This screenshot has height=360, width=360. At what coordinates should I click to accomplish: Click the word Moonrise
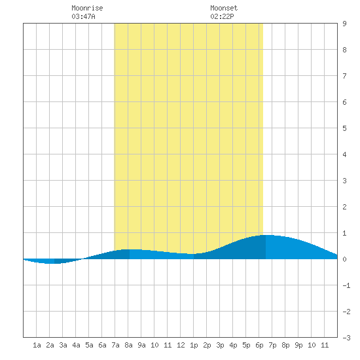click(x=87, y=8)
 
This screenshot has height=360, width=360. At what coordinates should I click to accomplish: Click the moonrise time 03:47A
click(x=83, y=16)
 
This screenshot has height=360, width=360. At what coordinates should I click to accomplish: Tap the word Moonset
click(x=224, y=8)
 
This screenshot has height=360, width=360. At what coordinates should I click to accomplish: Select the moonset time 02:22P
click(x=222, y=16)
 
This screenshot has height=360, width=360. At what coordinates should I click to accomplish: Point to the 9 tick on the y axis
click(x=344, y=24)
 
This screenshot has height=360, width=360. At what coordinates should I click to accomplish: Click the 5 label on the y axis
click(x=344, y=128)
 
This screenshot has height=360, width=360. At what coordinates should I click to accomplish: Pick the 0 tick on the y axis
click(x=344, y=259)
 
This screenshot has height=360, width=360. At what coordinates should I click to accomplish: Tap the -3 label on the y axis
click(x=346, y=338)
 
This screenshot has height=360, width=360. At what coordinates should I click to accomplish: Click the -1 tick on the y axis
click(x=346, y=285)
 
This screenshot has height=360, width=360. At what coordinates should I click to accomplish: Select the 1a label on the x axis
click(x=37, y=345)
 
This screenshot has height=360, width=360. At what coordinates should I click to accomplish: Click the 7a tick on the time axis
click(x=115, y=345)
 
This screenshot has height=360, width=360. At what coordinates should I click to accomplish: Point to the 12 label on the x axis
click(x=181, y=345)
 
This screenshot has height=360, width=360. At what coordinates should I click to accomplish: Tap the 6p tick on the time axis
click(x=259, y=345)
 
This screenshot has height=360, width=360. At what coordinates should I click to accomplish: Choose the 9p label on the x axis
click(x=298, y=345)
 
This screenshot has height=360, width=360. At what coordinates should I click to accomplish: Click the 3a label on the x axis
click(x=63, y=345)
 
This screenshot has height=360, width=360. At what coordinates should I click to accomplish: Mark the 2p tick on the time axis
click(x=207, y=345)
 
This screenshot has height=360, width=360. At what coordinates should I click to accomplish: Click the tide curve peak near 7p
click(x=268, y=235)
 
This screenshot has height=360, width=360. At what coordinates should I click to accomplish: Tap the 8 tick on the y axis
click(x=344, y=50)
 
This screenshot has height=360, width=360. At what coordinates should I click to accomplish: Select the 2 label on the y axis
click(x=344, y=207)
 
